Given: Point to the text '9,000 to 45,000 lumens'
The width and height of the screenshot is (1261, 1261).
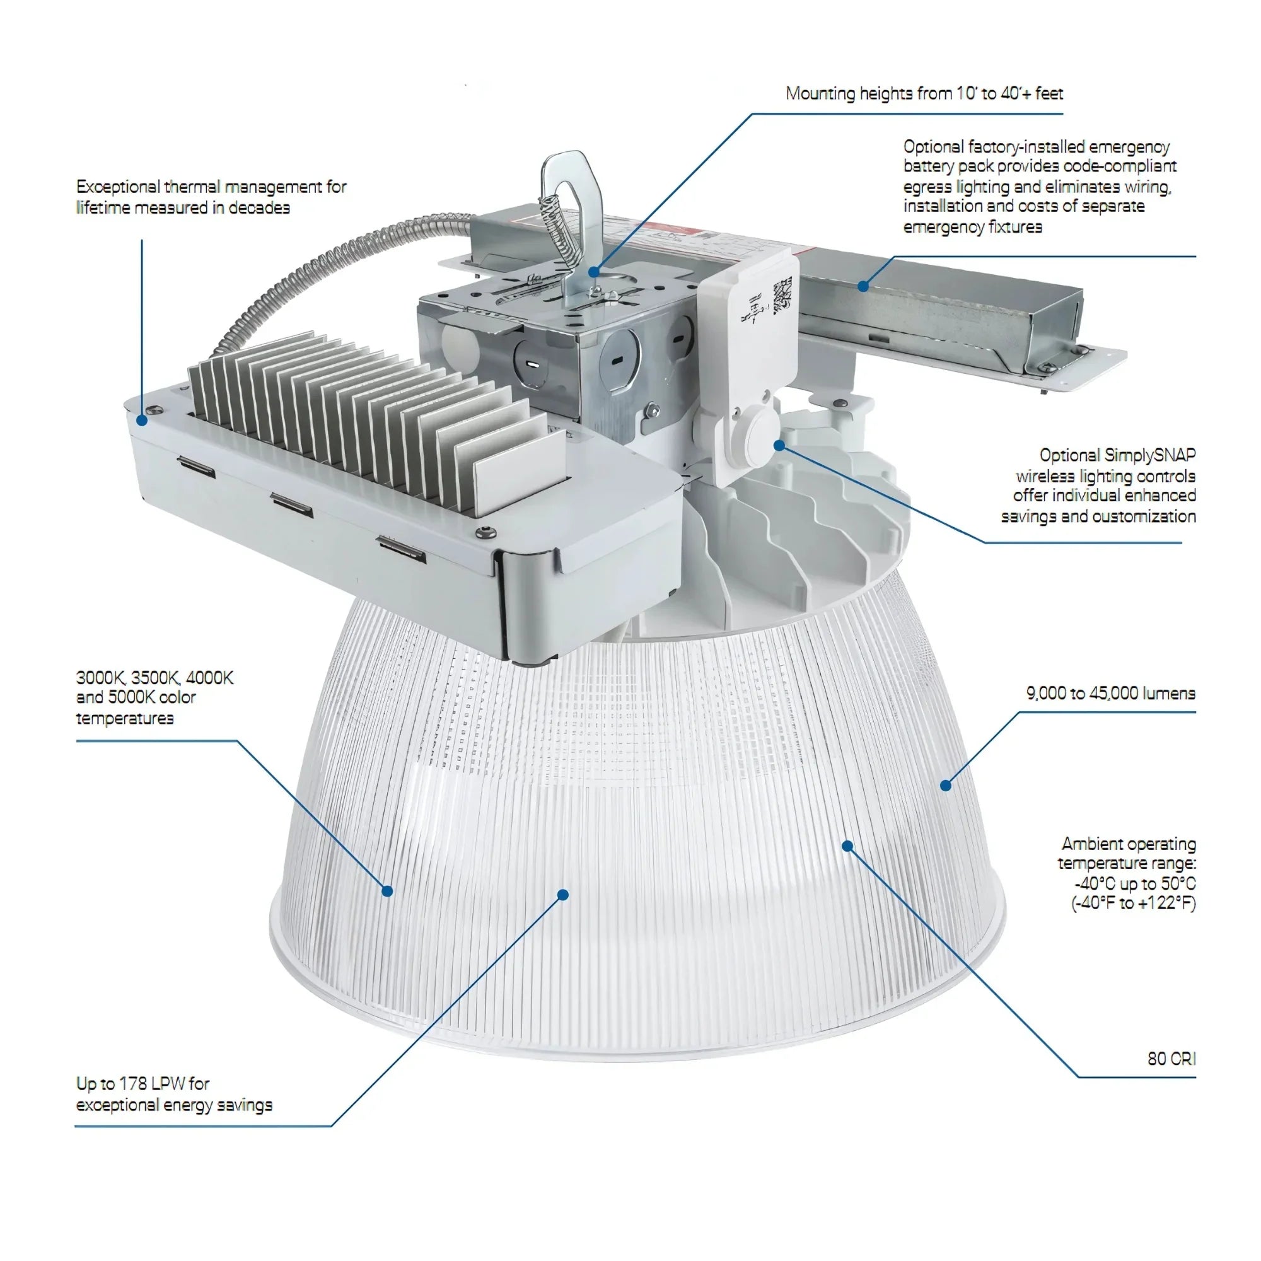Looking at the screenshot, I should [1110, 693].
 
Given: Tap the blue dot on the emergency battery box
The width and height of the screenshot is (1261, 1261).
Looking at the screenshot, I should [863, 286].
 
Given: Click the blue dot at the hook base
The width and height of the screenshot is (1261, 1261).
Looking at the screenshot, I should [593, 272].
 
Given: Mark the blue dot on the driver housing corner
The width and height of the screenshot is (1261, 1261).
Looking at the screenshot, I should [142, 420].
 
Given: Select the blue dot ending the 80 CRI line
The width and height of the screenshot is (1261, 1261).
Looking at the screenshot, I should [847, 846].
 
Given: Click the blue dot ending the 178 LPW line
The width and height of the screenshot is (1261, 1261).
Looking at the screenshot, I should [563, 895].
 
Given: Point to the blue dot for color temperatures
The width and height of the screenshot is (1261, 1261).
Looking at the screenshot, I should [387, 891].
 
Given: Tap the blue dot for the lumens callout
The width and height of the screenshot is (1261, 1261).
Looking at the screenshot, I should [946, 785].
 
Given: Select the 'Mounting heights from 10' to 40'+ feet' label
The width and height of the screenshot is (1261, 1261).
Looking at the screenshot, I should [924, 93].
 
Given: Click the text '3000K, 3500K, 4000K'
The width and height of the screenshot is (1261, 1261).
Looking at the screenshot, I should [154, 678].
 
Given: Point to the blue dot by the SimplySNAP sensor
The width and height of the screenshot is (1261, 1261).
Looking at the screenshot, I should [779, 445].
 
